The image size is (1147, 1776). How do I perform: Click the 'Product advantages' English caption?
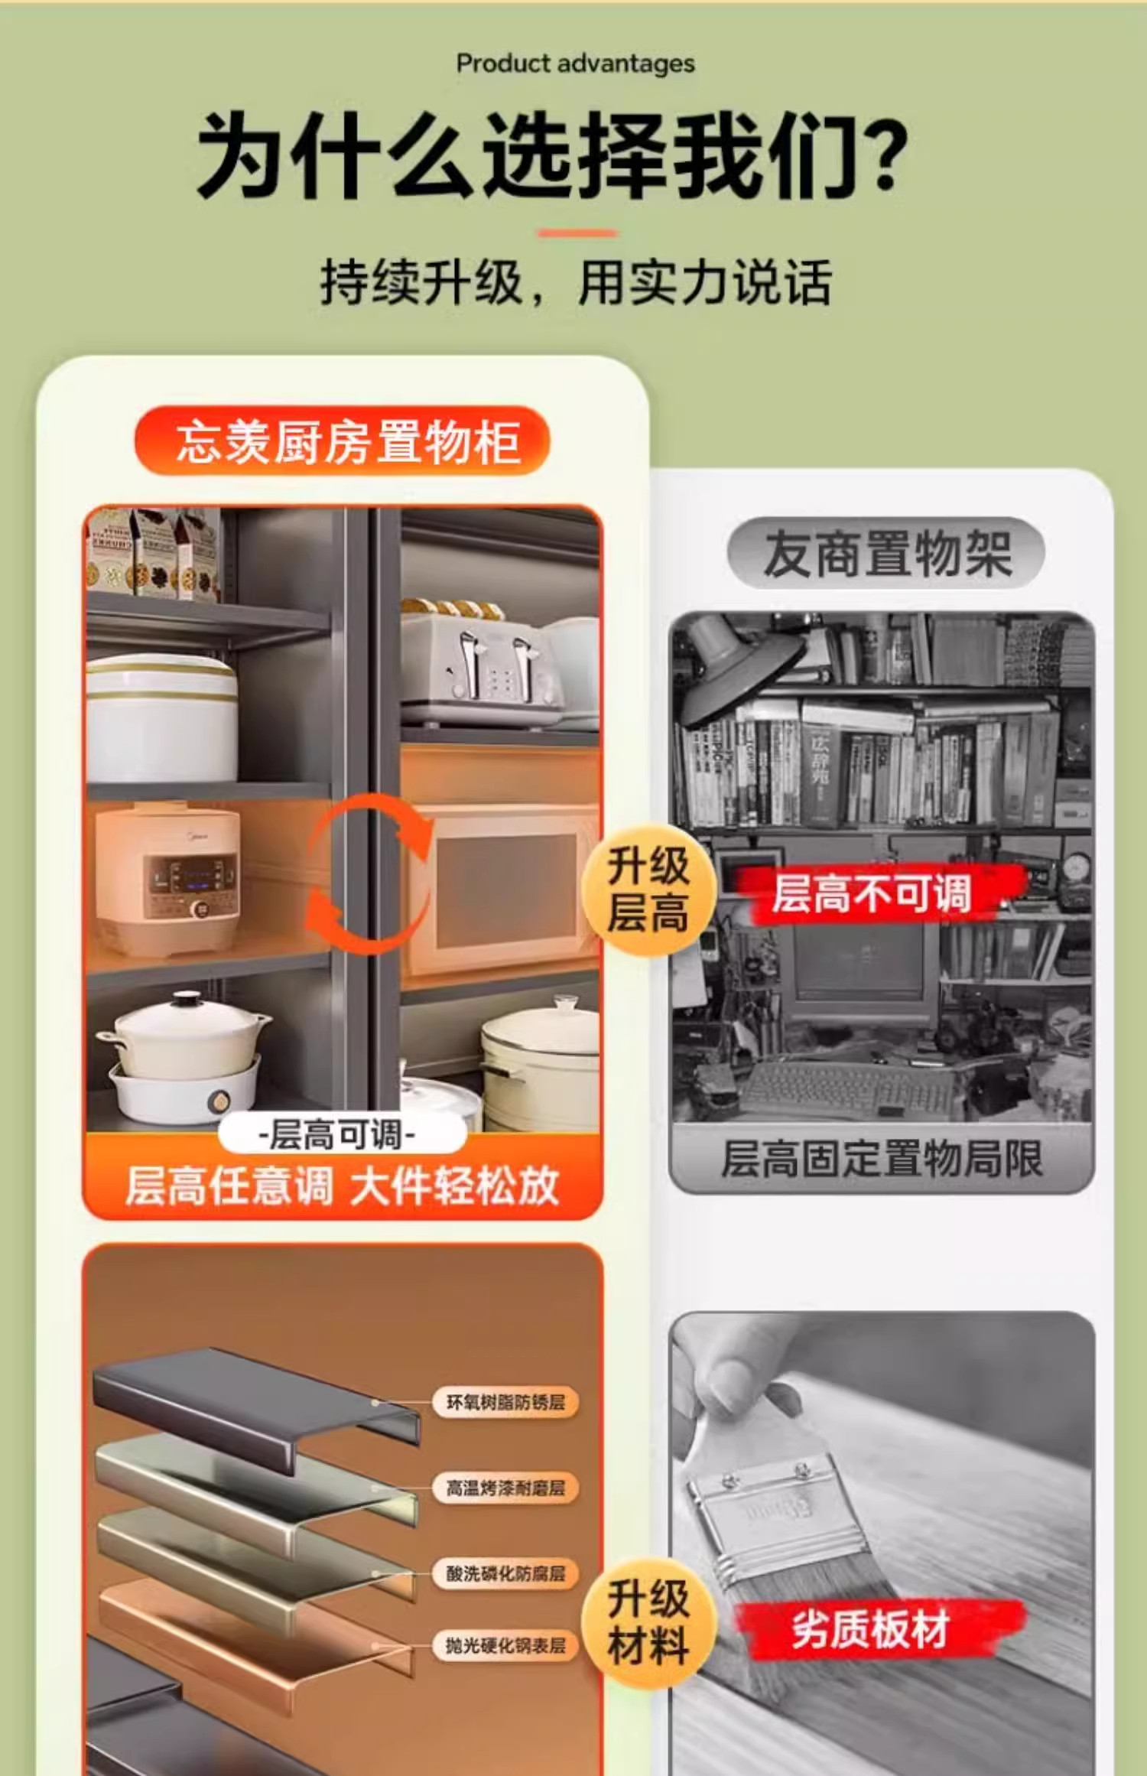point(575,64)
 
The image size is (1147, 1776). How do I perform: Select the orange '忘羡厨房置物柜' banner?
point(342,441)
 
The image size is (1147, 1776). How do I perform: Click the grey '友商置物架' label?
point(886,554)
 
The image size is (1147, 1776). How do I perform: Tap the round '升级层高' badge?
point(648,890)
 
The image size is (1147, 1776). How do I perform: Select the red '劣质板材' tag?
point(872,1630)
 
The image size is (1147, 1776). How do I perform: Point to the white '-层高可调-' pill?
point(342,1134)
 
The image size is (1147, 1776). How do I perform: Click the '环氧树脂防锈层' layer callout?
point(505,1402)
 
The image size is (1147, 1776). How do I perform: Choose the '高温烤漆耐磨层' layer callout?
point(505,1488)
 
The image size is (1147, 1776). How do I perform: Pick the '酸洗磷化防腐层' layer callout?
point(505,1573)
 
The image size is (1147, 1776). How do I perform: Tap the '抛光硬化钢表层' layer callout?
point(505,1645)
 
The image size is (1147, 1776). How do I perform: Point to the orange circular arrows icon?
point(369,873)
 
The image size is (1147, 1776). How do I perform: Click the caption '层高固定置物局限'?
point(882,1159)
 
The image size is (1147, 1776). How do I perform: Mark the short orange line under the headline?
point(577,233)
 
